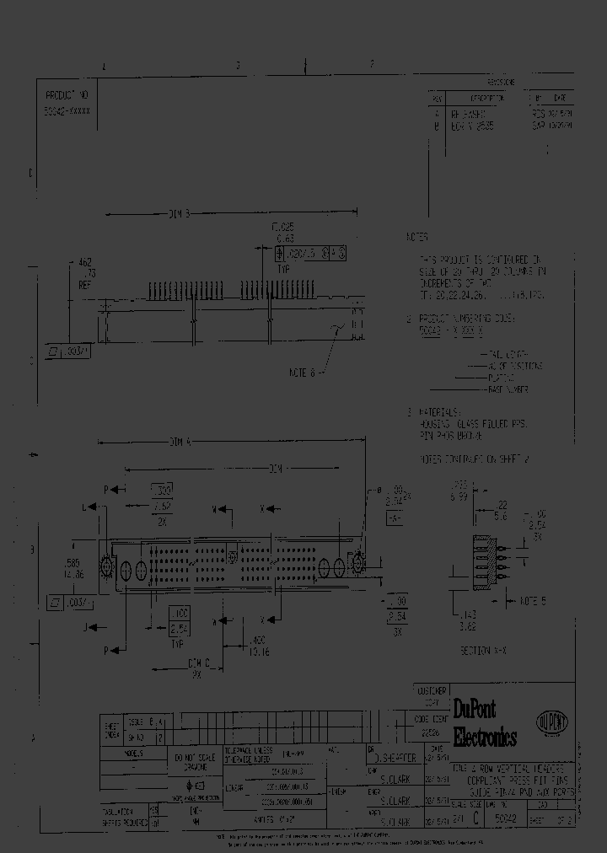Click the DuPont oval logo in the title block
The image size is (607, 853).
coord(552,722)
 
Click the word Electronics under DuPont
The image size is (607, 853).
coord(485,738)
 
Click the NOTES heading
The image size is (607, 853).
coord(418,238)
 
